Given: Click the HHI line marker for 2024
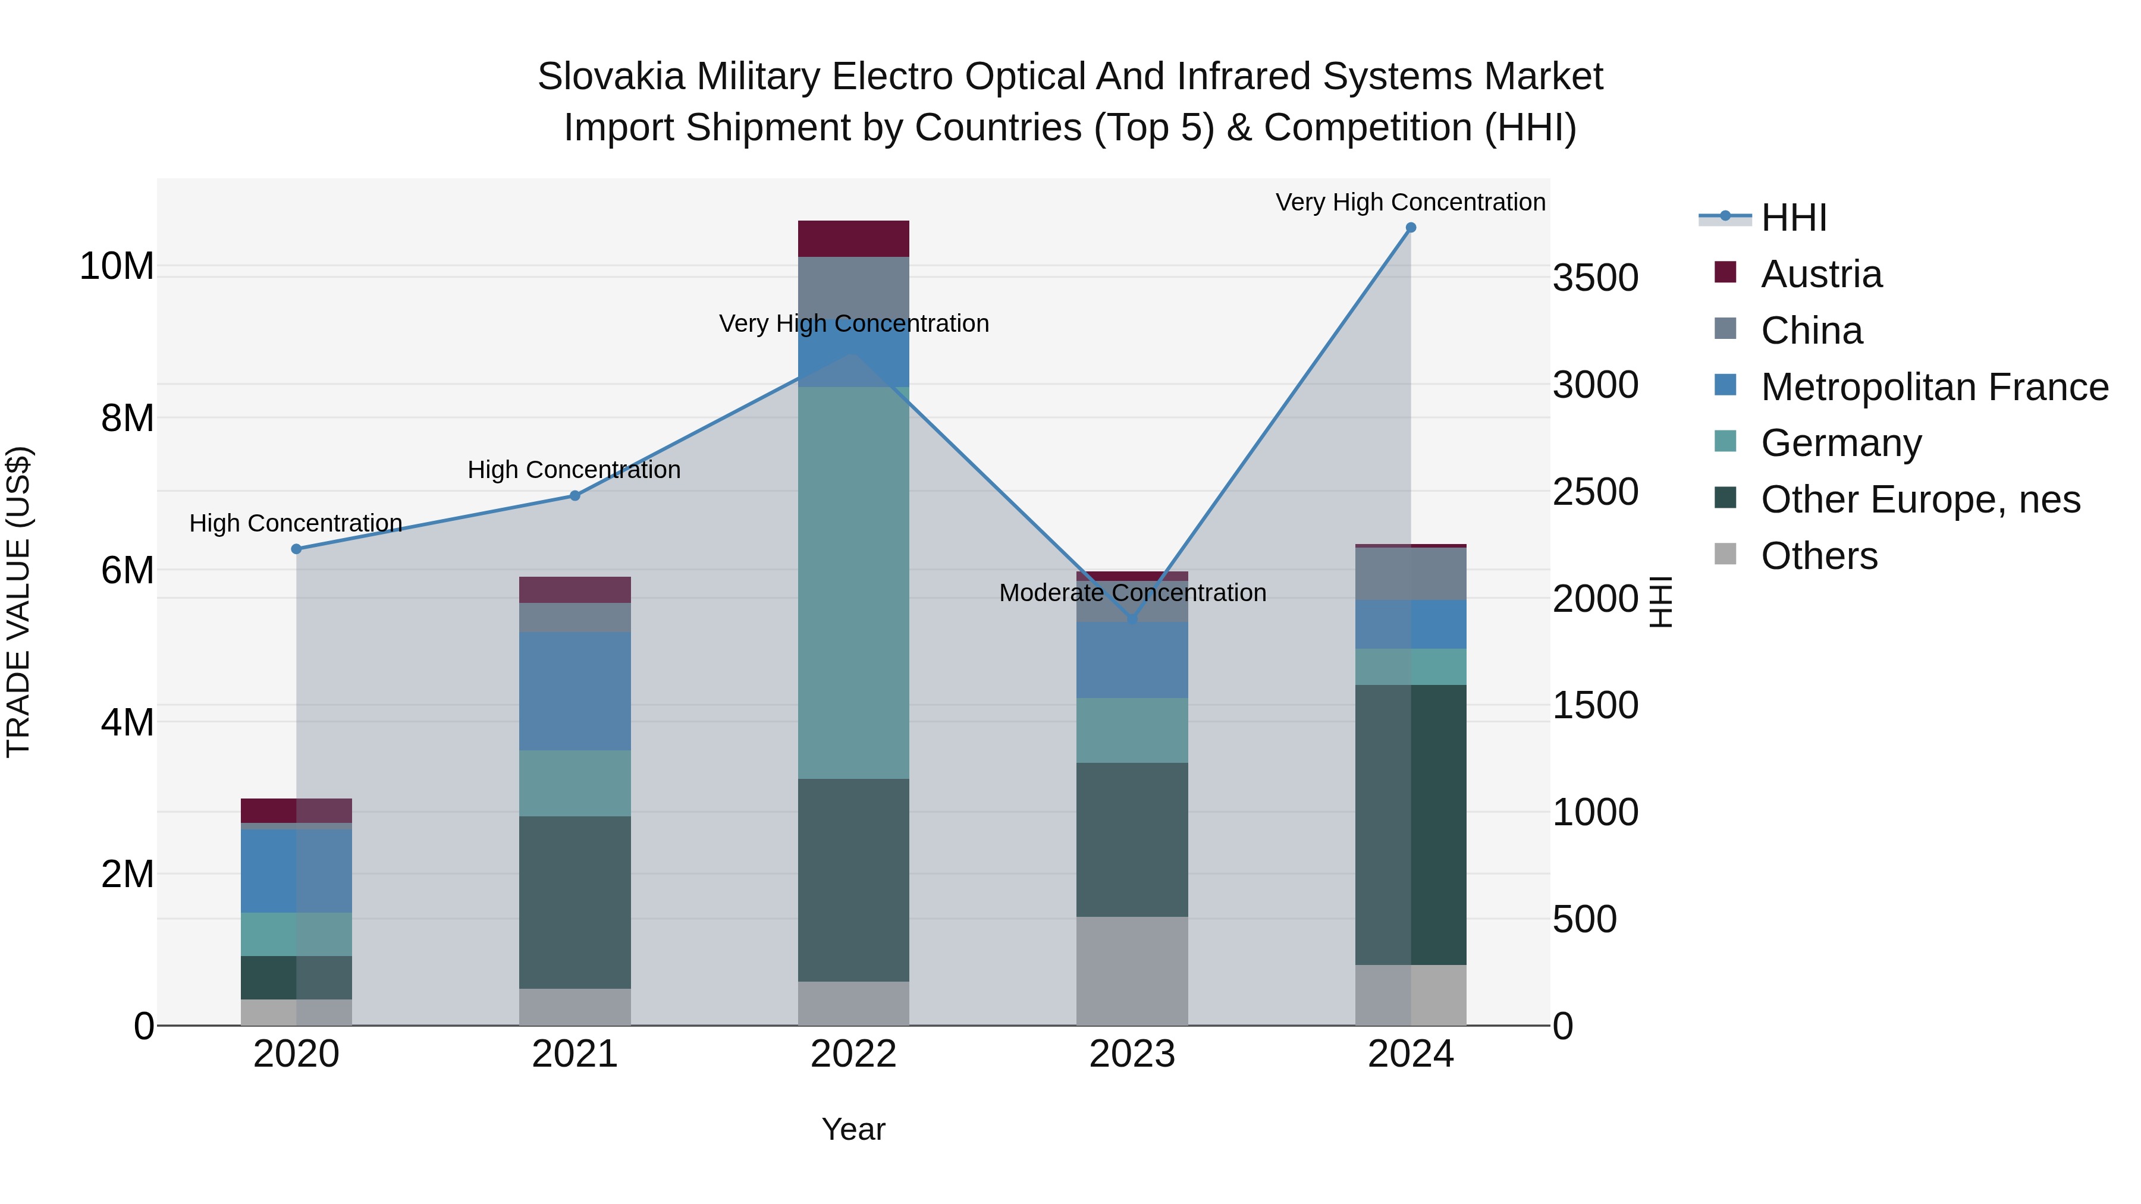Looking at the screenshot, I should coord(1411,228).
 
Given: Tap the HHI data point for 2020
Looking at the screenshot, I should coord(297,549).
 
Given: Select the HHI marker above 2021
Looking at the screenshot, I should coord(575,496).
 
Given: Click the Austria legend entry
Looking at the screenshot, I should coord(1820,274).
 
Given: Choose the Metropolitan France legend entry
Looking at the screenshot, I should coord(1933,387).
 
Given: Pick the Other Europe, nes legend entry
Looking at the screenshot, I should coord(1920,499).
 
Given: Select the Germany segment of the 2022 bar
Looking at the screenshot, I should coord(853,581).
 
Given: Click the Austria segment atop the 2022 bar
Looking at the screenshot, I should coord(853,239).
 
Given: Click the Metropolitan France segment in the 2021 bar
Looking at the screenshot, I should coord(575,691).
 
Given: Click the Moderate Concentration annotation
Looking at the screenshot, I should coord(1132,593).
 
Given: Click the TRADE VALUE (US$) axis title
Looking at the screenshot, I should coord(19,602).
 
